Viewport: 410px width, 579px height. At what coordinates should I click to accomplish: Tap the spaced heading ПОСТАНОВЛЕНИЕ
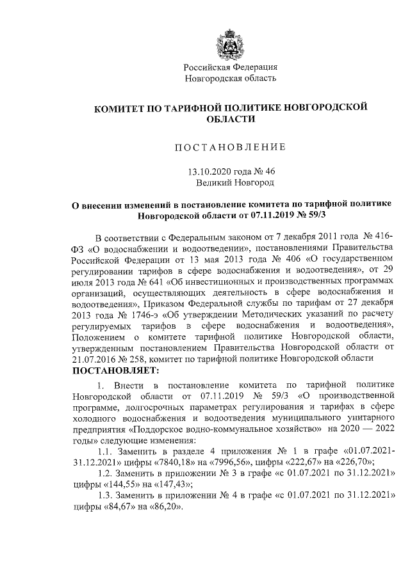(230, 148)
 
